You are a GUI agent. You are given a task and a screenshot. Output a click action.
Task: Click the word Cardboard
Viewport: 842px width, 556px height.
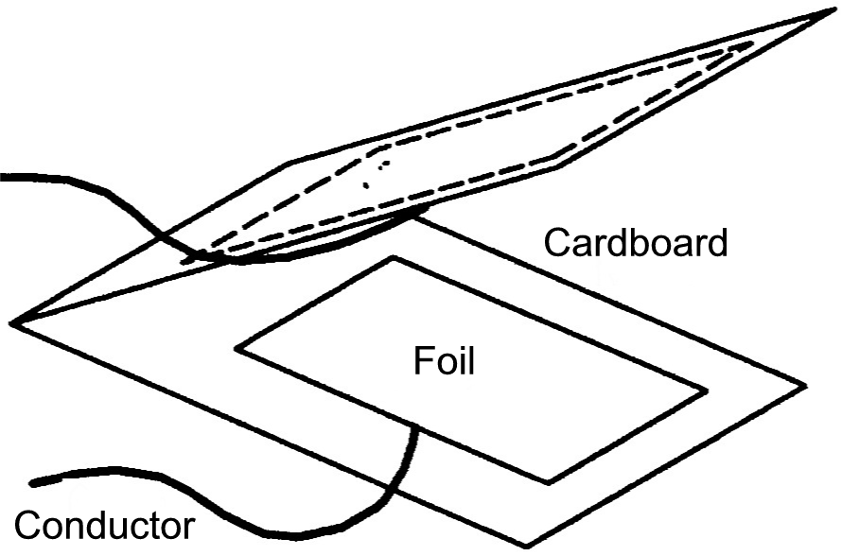click(x=636, y=243)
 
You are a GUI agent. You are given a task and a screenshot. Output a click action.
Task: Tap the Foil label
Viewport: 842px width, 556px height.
click(x=444, y=360)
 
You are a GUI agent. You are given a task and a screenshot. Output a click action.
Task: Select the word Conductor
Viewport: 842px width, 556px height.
click(x=104, y=525)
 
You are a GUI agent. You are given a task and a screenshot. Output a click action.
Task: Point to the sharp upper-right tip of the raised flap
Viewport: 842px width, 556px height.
click(x=833, y=10)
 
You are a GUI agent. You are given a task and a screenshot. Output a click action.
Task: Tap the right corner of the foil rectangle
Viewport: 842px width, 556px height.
click(x=705, y=391)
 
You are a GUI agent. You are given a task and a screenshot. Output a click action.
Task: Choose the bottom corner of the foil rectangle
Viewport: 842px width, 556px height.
click(x=548, y=482)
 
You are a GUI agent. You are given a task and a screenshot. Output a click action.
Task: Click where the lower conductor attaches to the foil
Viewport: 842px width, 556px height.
click(x=414, y=426)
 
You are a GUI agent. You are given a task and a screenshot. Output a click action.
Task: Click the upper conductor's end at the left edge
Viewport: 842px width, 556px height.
click(x=3, y=177)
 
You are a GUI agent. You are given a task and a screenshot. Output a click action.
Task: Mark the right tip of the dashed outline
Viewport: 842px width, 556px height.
click(x=752, y=43)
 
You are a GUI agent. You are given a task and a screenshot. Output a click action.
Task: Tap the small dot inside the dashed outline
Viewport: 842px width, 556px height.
click(x=366, y=185)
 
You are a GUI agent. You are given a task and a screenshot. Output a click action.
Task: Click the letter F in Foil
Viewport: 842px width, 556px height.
click(x=423, y=360)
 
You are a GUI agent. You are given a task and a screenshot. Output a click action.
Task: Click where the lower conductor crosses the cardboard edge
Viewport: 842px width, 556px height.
click(x=391, y=486)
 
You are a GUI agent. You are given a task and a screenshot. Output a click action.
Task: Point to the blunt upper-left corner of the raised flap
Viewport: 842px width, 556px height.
click(x=290, y=162)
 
